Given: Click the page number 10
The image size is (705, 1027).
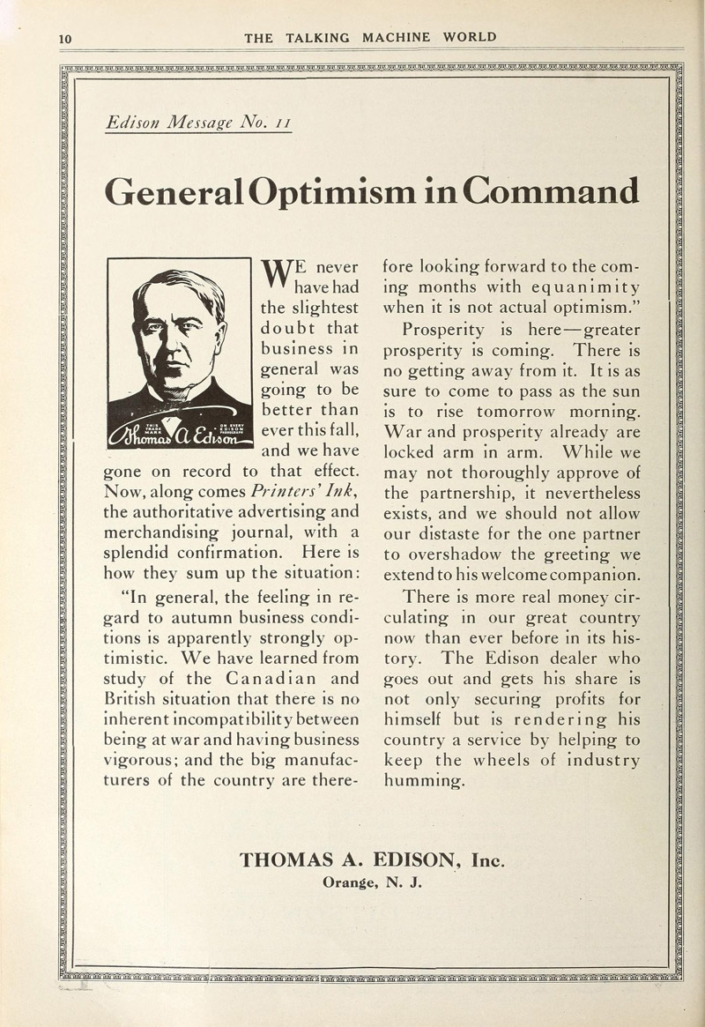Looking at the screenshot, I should click(63, 37).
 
